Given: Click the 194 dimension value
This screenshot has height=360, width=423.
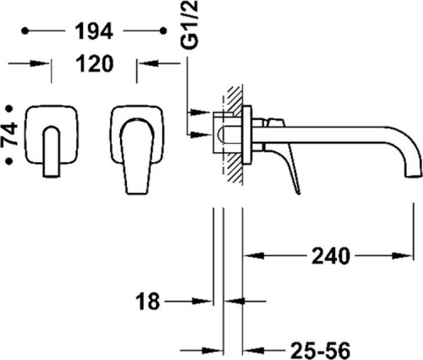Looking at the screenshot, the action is pyautogui.click(x=95, y=31).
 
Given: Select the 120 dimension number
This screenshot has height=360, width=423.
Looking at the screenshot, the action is pyautogui.click(x=95, y=63).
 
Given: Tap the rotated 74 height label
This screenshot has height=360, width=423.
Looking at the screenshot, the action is pyautogui.click(x=10, y=134).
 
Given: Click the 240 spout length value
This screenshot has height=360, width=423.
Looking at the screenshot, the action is pyautogui.click(x=331, y=256).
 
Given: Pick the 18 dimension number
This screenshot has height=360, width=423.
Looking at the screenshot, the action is pyautogui.click(x=148, y=301).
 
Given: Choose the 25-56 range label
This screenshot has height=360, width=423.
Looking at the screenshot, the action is pyautogui.click(x=320, y=351).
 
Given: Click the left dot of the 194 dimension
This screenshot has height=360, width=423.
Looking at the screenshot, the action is pyautogui.click(x=25, y=30).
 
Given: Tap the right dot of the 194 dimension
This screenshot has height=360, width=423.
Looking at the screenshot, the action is pyautogui.click(x=163, y=30).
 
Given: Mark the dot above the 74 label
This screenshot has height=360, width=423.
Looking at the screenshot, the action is pyautogui.click(x=10, y=108).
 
